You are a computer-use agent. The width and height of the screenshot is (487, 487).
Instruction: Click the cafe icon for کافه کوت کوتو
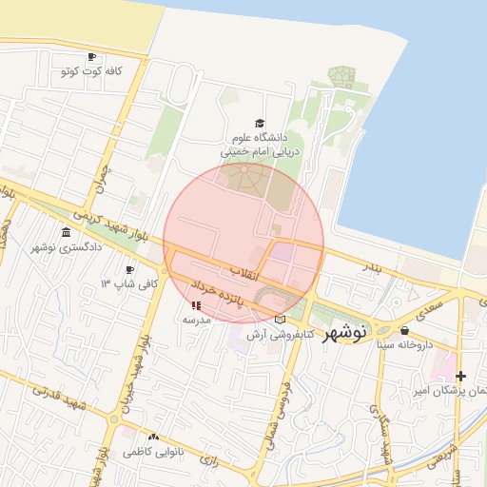pos(91,57)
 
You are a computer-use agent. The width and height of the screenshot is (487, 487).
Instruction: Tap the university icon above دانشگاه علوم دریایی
pos(260,123)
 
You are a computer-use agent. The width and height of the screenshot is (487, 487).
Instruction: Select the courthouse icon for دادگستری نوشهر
pos(65,232)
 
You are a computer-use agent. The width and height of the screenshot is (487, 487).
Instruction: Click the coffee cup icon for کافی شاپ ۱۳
pos(130,269)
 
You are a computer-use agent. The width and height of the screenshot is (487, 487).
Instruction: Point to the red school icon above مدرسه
pos(196,305)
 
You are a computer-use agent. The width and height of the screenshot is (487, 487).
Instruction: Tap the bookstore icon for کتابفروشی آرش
pos(279,320)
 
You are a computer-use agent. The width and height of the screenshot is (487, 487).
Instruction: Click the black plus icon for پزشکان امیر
pos(461,376)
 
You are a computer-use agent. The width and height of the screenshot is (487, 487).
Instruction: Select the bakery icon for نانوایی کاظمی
pos(153,437)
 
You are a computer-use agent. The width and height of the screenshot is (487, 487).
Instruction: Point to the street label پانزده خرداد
pos(218,292)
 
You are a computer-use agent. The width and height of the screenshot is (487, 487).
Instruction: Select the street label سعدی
pos(430,307)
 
